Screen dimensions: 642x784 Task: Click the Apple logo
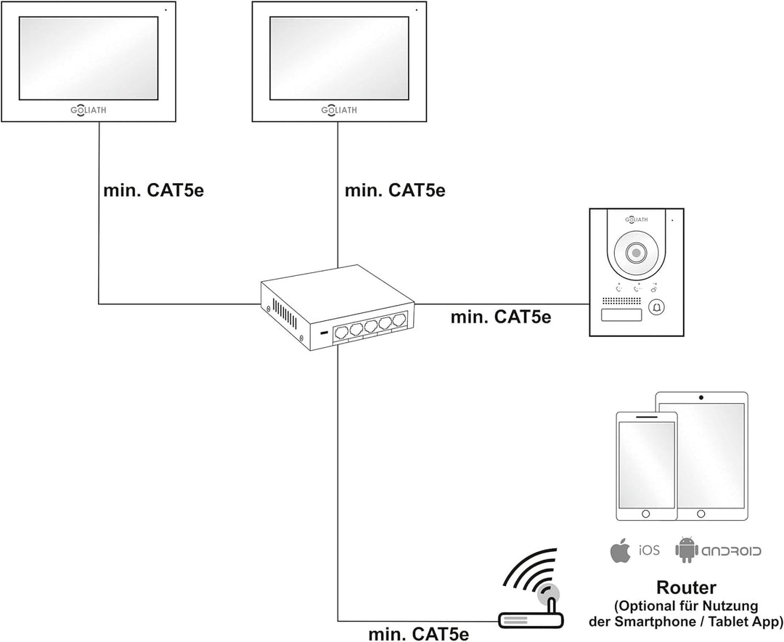pyautogui.click(x=619, y=550)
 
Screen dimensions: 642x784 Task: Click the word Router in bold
pyautogui.click(x=685, y=588)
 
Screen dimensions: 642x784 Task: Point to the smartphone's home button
pyautogui.click(x=646, y=513)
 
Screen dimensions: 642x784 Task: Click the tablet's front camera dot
pyautogui.click(x=701, y=398)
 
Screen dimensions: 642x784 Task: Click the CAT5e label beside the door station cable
pyautogui.click(x=501, y=317)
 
